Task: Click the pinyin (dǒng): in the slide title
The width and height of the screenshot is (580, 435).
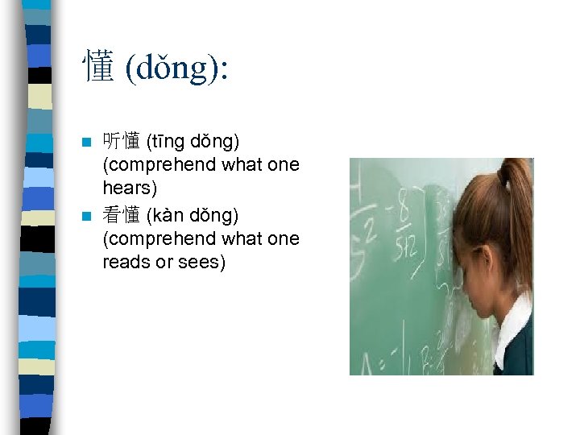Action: coord(176,68)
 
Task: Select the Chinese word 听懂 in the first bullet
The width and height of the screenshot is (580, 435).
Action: coord(122,142)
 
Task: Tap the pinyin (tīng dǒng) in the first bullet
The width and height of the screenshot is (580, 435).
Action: coord(193,142)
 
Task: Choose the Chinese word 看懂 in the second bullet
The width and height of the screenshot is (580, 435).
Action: coord(122,216)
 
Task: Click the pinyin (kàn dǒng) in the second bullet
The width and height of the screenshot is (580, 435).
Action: coord(193,216)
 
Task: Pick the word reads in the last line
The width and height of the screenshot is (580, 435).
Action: coord(126,262)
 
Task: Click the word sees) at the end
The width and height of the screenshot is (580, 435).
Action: coord(198,262)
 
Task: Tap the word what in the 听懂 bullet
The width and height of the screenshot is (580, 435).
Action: coord(244,165)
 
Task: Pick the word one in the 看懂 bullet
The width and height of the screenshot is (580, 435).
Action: coord(283,239)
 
